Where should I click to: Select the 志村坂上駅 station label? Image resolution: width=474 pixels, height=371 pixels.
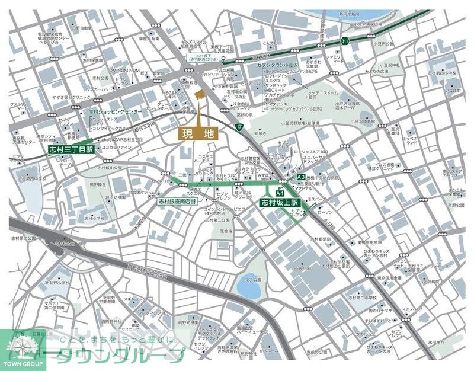coord(280,203)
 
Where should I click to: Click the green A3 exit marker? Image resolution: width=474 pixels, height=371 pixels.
coord(301,177)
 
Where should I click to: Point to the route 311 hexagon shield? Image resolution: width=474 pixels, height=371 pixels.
coord(345,41)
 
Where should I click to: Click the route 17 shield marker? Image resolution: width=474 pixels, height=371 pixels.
coord(239,127)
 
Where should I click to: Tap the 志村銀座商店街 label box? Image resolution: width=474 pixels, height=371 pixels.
coord(177,202)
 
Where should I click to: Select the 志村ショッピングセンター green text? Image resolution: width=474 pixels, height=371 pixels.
coord(116,111)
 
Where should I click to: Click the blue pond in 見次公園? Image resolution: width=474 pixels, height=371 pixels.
coord(248,288)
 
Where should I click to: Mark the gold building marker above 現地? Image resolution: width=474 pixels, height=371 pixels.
coord(198,95)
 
